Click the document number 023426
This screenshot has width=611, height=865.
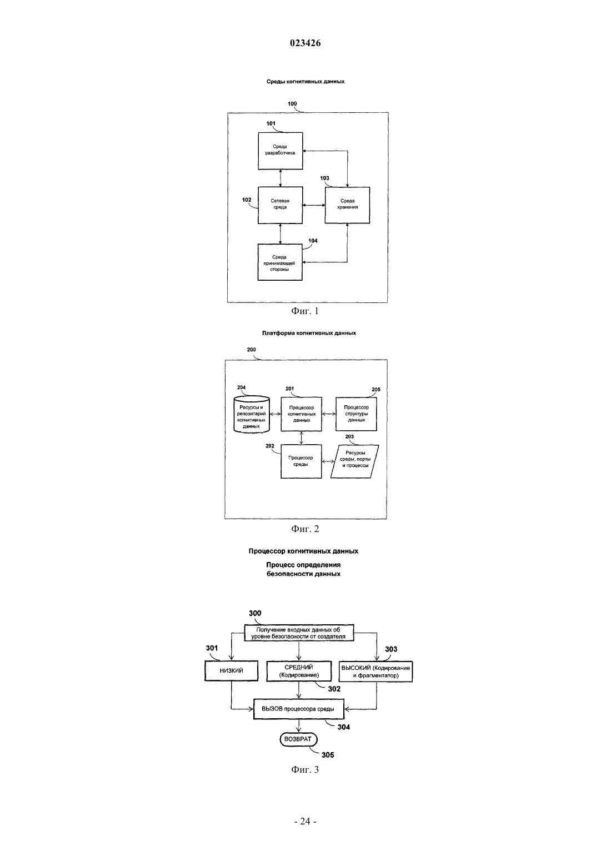tap(305, 43)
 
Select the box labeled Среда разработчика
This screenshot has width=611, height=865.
tap(281, 151)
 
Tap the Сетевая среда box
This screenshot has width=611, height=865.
tap(281, 205)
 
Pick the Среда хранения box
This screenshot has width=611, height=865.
tap(347, 205)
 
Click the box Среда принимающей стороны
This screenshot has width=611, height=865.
tap(280, 262)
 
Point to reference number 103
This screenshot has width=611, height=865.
tap(324, 178)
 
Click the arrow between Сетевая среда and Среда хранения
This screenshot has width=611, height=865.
tap(314, 205)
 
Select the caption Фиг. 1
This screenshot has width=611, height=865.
tap(305, 311)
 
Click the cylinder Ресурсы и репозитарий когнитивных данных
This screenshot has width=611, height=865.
tap(252, 414)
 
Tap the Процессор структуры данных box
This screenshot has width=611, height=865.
tap(356, 414)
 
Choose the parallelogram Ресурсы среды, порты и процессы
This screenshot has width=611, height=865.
tap(355, 461)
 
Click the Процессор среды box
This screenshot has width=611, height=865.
tap(301, 461)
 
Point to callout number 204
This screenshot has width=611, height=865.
tap(242, 387)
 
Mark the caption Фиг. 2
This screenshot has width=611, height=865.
tap(305, 529)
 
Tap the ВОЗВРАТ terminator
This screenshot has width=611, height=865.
tap(298, 739)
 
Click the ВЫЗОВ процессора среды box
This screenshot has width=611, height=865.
tap(298, 709)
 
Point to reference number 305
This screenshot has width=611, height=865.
tap(328, 755)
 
